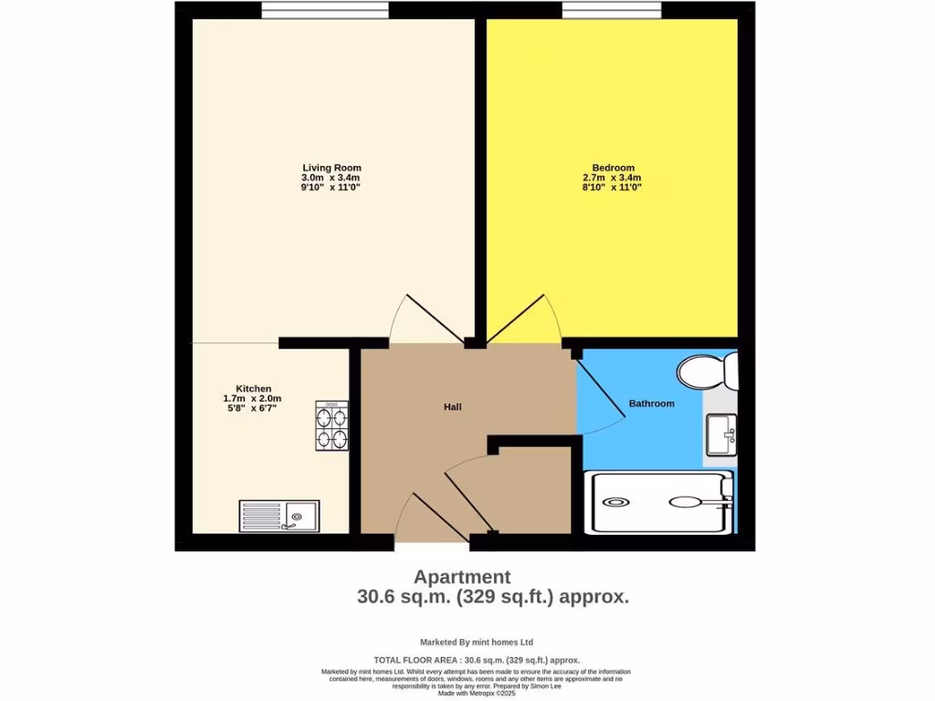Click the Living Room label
click(331, 168)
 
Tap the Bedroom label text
click(613, 168)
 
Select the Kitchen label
click(253, 389)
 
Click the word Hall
click(453, 406)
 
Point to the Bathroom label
click(651, 403)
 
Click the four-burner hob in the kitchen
click(331, 426)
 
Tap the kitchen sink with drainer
click(279, 517)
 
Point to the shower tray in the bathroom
click(661, 502)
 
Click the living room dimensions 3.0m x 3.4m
click(331, 178)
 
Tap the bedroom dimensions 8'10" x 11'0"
click(613, 188)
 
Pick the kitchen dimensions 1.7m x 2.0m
click(253, 399)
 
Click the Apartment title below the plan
click(462, 577)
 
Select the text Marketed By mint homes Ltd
click(476, 642)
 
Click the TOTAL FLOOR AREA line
click(477, 660)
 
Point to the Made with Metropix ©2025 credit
click(477, 694)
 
